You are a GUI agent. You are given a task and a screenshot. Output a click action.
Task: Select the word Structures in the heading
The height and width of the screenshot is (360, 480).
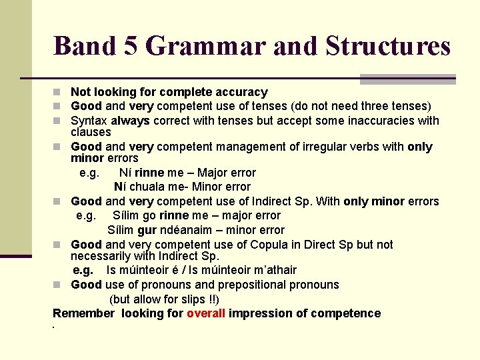(388, 46)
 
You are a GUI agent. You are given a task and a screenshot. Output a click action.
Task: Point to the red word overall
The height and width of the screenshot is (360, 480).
(206, 313)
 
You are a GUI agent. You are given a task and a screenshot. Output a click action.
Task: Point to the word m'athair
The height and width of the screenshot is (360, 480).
(270, 270)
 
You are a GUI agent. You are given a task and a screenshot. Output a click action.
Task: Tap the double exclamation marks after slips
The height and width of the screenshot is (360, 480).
(211, 299)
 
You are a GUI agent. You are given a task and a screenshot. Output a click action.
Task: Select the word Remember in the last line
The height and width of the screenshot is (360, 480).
(83, 313)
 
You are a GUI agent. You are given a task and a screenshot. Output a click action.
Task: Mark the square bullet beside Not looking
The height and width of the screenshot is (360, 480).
(59, 93)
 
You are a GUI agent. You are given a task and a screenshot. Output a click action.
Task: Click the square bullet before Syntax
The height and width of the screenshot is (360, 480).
(59, 121)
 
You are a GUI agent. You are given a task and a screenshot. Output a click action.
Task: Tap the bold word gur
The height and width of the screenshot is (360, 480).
(147, 230)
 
